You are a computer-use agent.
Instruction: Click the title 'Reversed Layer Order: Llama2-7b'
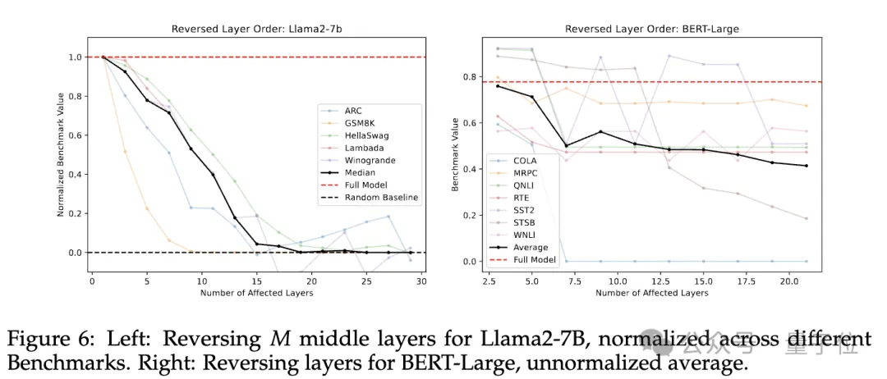pyautogui.click(x=257, y=29)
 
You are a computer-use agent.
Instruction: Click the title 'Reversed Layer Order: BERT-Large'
pyautogui.click(x=653, y=29)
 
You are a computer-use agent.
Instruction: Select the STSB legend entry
pyautogui.click(x=522, y=223)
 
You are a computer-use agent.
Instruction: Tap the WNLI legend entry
pyautogui.click(x=522, y=235)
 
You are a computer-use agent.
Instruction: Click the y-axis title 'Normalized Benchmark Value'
pyautogui.click(x=60, y=155)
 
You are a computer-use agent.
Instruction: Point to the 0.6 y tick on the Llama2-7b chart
pyautogui.click(x=77, y=135)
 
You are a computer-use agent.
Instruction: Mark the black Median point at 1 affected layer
pyautogui.click(x=103, y=57)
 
